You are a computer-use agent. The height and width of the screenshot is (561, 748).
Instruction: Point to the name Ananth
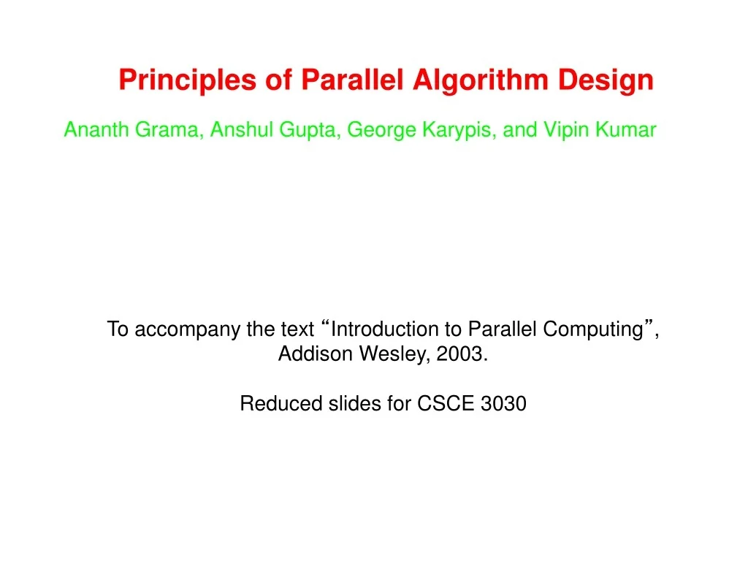[x=91, y=130]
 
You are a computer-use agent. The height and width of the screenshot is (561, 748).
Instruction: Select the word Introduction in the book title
[x=379, y=329]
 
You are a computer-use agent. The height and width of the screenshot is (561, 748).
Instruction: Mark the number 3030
[x=504, y=404]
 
